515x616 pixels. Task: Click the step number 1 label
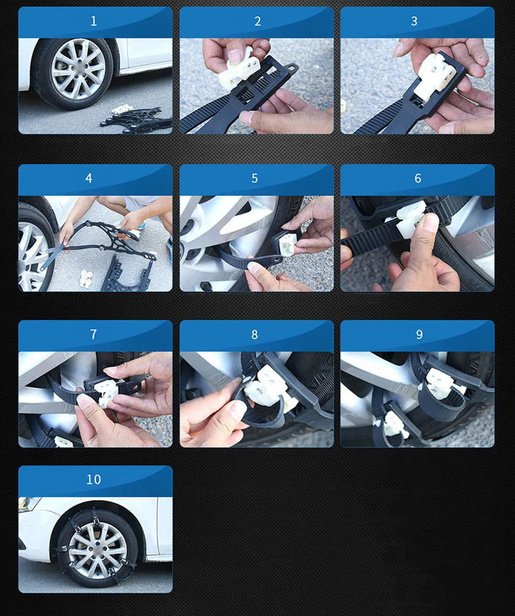93,21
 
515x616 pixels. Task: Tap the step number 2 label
257,21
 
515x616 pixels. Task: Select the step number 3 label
414,21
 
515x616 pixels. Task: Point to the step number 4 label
89,178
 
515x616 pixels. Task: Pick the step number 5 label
254,178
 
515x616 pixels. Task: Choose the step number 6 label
418,178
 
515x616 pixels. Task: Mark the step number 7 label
93,334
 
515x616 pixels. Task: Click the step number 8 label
254,334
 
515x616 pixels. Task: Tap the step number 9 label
419,334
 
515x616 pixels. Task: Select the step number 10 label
93,479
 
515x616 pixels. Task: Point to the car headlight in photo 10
29,503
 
